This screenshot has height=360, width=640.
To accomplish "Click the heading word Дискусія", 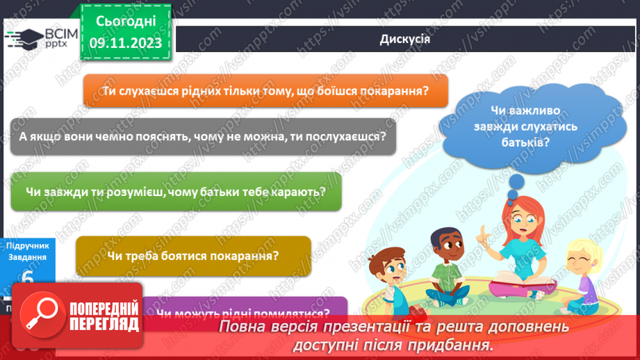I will (x=405, y=39).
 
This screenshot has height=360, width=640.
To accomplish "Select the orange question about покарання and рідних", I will (x=265, y=91).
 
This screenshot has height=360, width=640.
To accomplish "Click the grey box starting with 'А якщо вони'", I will (x=203, y=136).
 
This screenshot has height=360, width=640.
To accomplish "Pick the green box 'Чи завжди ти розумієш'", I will (x=176, y=192).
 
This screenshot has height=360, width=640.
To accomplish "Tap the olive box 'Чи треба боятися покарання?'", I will (x=193, y=255).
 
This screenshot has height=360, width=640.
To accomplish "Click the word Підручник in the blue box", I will (x=28, y=245).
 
